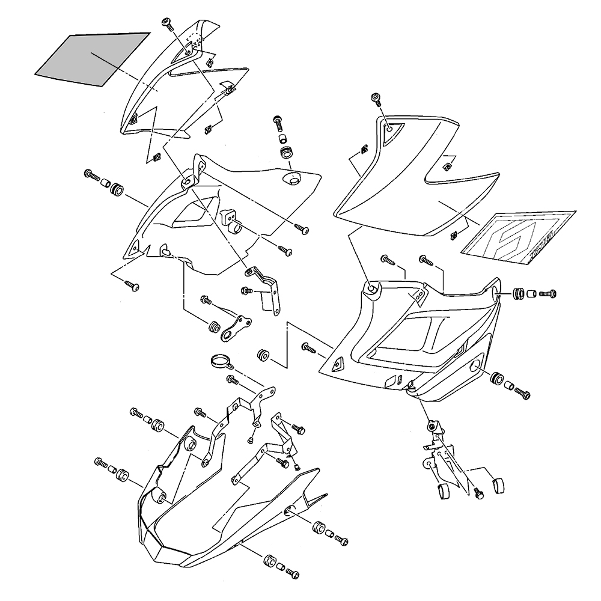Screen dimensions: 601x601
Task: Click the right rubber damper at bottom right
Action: click(497, 484)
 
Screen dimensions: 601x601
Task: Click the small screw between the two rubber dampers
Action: click(479, 492)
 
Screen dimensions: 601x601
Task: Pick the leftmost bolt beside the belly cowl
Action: click(99, 463)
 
